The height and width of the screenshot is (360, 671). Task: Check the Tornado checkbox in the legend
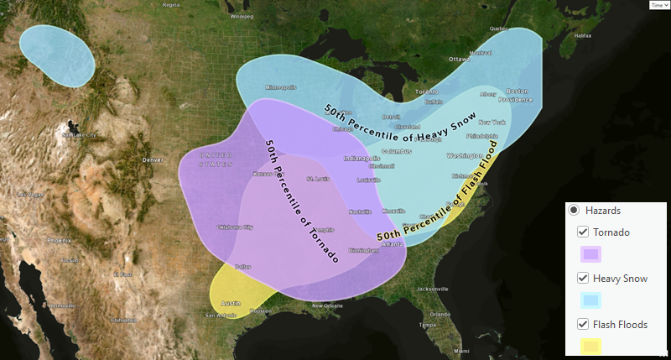pyautogui.click(x=583, y=232)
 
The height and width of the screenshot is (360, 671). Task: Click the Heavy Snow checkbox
pyautogui.click(x=583, y=278)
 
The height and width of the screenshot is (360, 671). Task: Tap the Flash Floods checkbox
pyautogui.click(x=583, y=324)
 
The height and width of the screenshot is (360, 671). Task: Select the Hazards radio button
pyautogui.click(x=574, y=210)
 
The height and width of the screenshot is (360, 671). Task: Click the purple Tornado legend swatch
pyautogui.click(x=590, y=253)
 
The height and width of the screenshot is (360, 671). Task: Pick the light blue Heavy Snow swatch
pyautogui.click(x=590, y=300)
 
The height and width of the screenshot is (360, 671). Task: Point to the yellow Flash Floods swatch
pyautogui.click(x=590, y=345)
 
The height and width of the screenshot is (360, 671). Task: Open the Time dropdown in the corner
pyautogui.click(x=658, y=5)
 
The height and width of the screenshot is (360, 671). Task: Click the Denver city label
pyautogui.click(x=153, y=159)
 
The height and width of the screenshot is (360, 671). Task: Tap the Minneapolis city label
pyautogui.click(x=281, y=87)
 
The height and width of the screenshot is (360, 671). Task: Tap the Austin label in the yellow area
pyautogui.click(x=230, y=302)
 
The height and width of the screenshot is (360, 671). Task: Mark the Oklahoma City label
pyautogui.click(x=235, y=227)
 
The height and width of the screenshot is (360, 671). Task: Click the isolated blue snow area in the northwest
pyautogui.click(x=57, y=54)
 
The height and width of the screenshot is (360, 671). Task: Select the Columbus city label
pyautogui.click(x=396, y=152)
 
